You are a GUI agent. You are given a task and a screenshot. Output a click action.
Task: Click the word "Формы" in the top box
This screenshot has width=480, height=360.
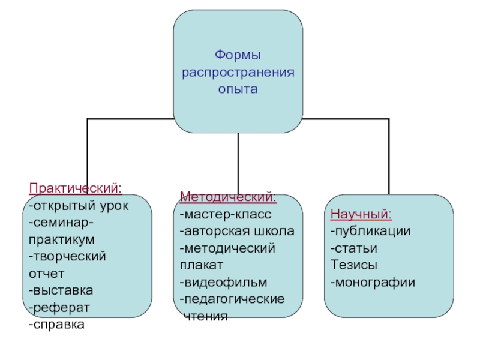click(238, 56)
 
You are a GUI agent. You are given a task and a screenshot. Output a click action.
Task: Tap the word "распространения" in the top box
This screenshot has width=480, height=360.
click(238, 73)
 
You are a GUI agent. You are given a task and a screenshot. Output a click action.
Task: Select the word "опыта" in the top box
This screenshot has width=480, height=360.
click(238, 89)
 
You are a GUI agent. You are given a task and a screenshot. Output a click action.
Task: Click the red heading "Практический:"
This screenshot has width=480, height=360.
click(76, 188)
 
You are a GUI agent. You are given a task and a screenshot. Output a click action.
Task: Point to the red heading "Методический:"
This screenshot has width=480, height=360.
click(228, 197)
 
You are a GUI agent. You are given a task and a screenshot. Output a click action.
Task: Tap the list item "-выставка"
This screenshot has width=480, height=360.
click(61, 290)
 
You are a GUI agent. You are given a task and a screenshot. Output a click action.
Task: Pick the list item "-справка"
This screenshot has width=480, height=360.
click(56, 325)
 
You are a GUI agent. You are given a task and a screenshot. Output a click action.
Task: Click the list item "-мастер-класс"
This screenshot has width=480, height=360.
click(226, 214)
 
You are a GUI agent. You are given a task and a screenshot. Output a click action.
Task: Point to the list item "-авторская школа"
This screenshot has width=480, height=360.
click(236, 231)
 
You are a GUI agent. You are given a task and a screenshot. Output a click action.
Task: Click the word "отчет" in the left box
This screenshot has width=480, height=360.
click(46, 274)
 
